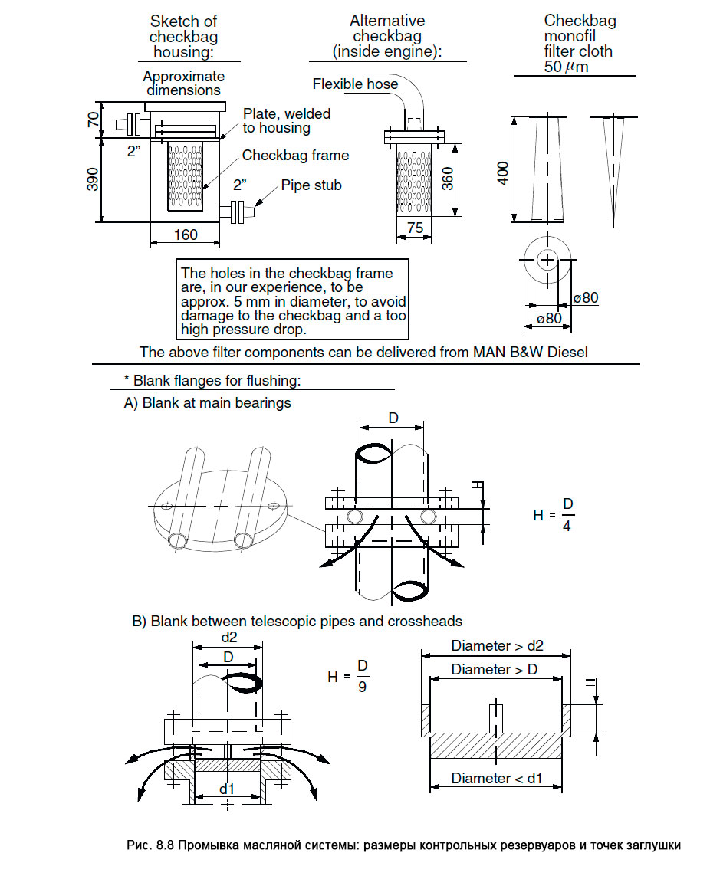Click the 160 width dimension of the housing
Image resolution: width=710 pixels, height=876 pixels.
point(186,235)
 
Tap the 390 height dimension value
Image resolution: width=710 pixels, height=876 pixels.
point(93,179)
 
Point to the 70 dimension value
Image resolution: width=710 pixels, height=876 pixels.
point(93,119)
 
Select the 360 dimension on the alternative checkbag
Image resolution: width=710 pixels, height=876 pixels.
point(448,179)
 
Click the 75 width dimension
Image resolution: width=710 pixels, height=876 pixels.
point(415,228)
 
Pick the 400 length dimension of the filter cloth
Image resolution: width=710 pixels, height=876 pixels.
point(503,173)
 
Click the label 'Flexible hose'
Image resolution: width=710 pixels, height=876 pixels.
point(355,84)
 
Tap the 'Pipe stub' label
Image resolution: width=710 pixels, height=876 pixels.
point(311,185)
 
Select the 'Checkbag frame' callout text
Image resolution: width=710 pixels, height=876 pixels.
point(295,156)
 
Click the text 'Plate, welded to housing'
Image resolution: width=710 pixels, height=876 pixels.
point(286,120)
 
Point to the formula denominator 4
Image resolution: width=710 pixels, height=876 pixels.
point(567,527)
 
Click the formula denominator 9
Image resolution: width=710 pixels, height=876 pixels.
point(362,687)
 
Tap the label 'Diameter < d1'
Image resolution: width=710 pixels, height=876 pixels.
point(496,778)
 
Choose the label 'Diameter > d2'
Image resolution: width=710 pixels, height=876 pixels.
point(497,646)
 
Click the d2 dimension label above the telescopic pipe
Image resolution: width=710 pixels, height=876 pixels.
point(229,638)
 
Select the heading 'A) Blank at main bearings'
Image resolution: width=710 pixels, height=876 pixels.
point(208,403)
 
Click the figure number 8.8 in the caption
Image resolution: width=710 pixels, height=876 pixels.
point(164,845)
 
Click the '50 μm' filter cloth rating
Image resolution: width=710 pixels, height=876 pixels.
point(566,67)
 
